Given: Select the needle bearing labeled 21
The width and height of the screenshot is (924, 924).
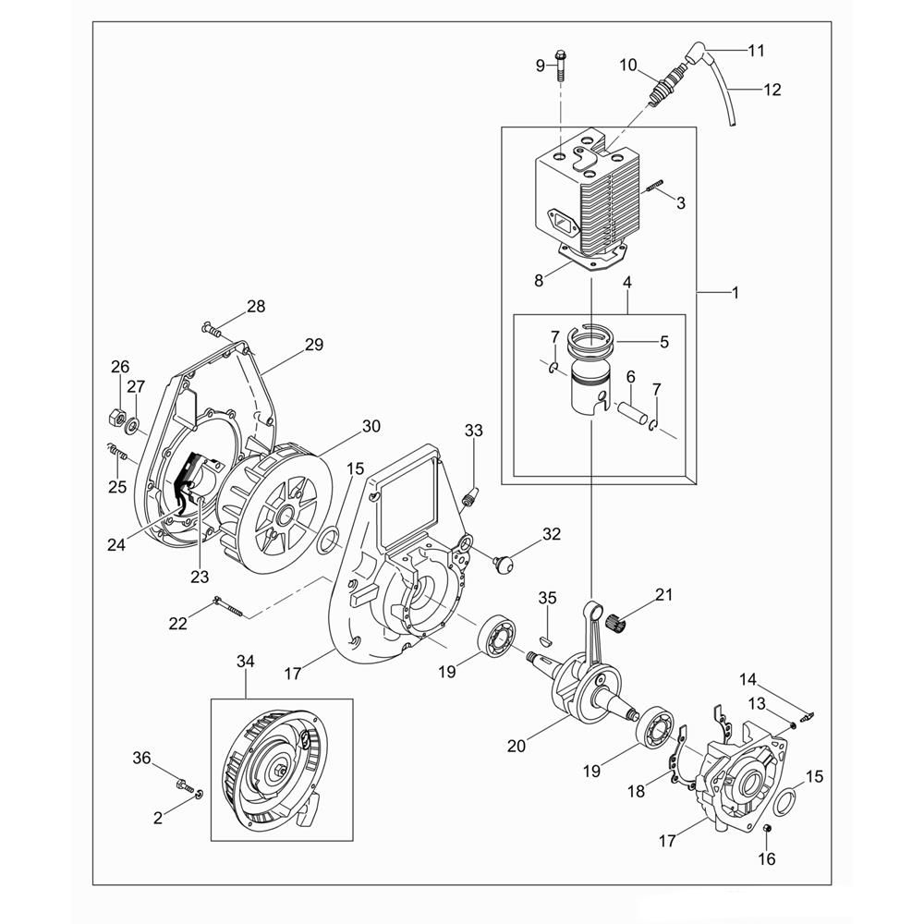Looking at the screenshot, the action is click(x=614, y=621).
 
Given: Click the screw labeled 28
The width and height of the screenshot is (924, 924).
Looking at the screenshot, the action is click(x=213, y=329).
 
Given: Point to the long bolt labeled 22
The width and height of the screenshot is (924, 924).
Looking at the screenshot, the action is click(x=227, y=607).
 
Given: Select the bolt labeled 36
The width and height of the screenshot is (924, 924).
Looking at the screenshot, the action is click(x=185, y=785).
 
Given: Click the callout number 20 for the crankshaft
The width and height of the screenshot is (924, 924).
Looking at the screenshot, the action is click(x=517, y=746).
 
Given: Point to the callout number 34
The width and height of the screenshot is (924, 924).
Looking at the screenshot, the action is click(x=246, y=662).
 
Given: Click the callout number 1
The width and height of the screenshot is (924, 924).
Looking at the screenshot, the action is click(x=735, y=292).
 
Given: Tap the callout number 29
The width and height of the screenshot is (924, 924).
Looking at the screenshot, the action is click(x=314, y=344).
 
